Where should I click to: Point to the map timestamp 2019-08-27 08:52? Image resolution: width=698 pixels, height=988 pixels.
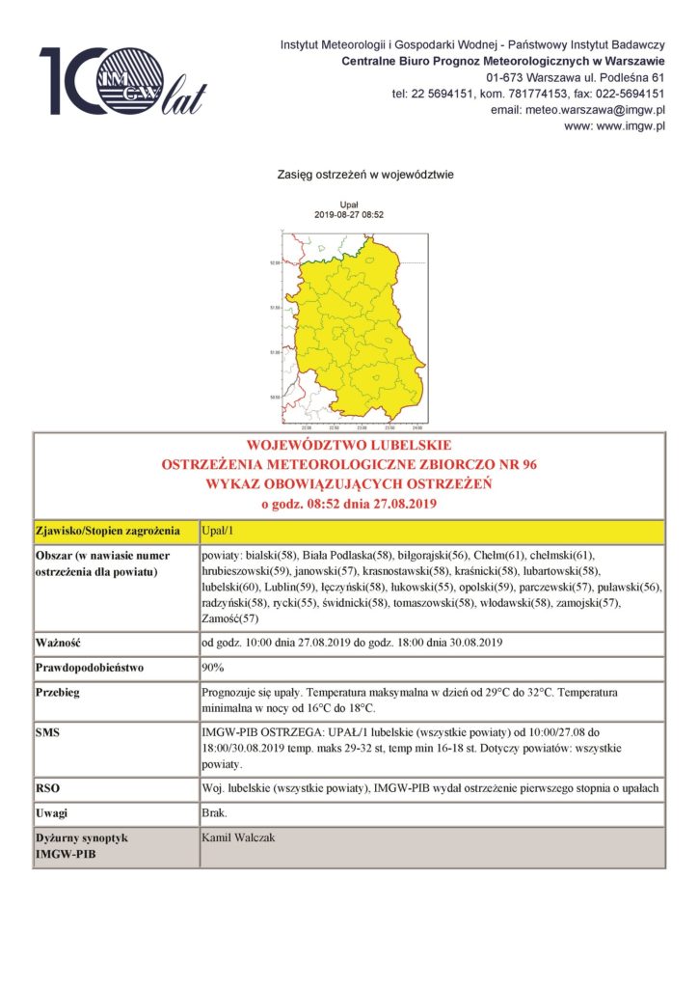[x=350, y=215]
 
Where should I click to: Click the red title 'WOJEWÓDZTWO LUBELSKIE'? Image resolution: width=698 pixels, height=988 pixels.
[x=349, y=447]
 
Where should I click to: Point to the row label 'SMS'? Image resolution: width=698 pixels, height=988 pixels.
[x=47, y=732]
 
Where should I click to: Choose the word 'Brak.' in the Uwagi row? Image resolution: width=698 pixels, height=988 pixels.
[x=214, y=813]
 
